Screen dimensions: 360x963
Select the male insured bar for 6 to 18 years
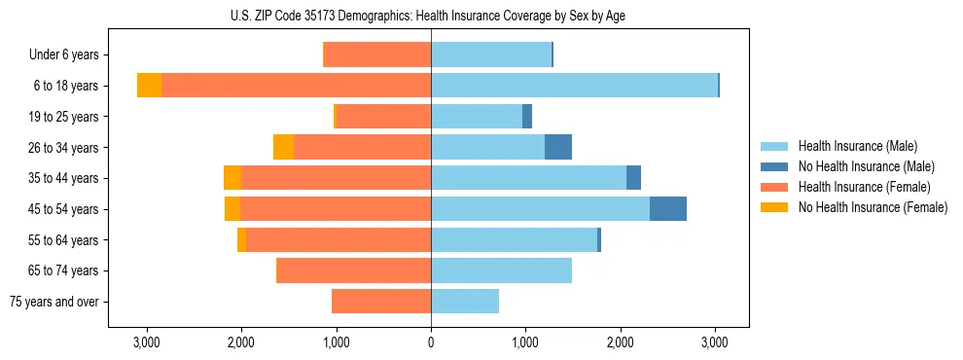coord(574,86)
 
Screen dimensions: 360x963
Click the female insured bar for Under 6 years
coord(377,55)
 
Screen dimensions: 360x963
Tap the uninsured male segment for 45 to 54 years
coord(667,209)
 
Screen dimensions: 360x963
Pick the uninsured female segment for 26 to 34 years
coord(283,147)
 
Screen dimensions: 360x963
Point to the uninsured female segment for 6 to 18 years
coord(149,86)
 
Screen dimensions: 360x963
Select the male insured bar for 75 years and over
coord(465,302)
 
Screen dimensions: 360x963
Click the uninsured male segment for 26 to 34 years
coord(557,147)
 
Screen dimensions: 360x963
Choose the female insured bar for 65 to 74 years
coord(354,270)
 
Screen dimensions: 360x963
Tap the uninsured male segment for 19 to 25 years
coord(527,117)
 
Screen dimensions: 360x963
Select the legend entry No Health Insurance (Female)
coord(873,207)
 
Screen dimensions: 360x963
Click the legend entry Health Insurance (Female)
coord(864,187)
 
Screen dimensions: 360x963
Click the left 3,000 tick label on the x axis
coord(146,343)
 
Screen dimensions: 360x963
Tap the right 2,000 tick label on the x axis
coord(621,343)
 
